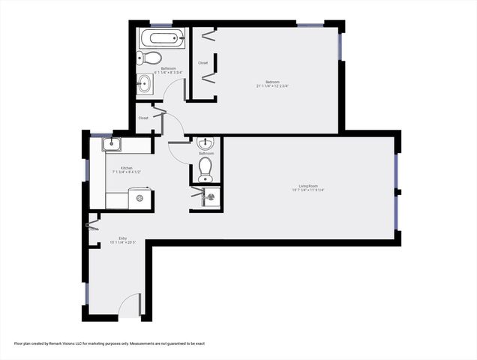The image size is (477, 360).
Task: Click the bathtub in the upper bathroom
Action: pyautogui.click(x=161, y=39)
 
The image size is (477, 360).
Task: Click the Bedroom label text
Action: pyautogui.click(x=271, y=82)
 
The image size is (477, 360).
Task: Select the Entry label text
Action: pyautogui.click(x=112, y=238)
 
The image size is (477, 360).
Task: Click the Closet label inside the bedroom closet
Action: pyautogui.click(x=202, y=63)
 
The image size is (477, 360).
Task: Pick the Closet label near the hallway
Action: pyautogui.click(x=143, y=118)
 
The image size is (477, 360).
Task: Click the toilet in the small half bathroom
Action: pyautogui.click(x=205, y=169)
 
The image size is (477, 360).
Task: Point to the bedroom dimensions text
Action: pyautogui.click(x=271, y=86)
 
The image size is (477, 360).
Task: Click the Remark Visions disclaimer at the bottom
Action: pyautogui.click(x=109, y=343)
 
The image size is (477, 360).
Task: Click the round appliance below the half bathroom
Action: pyautogui.click(x=211, y=196)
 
